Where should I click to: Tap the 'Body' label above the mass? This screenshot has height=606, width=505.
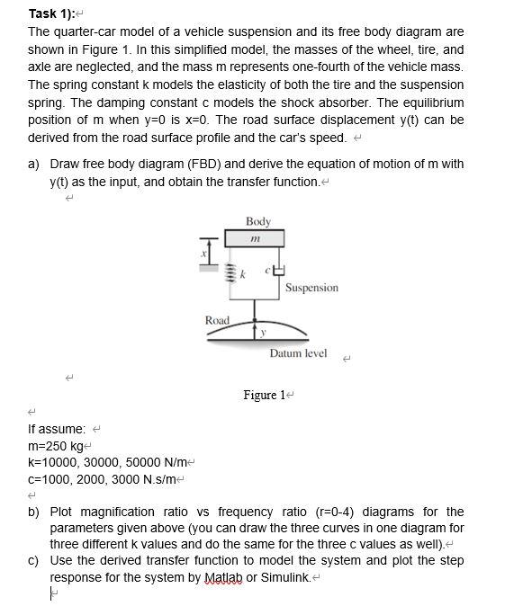[257, 220]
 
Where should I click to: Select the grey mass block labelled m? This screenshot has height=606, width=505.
[255, 237]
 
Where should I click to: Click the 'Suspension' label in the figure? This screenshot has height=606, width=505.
[311, 288]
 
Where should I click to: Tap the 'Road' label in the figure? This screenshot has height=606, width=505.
[218, 320]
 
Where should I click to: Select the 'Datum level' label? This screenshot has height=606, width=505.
[298, 353]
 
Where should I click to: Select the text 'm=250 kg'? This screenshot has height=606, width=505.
[55, 445]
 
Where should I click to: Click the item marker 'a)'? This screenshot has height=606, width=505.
[34, 164]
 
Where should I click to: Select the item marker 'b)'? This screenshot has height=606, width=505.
[34, 512]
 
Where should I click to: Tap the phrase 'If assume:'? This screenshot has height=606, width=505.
[58, 429]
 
